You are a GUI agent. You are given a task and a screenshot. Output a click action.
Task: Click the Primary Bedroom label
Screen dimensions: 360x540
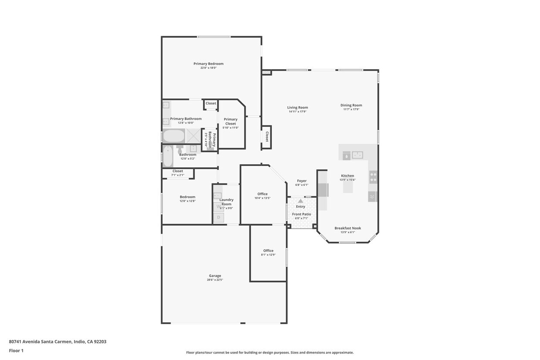point(208,64)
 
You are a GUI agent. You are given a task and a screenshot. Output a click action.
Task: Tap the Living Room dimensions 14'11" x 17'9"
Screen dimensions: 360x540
point(297,112)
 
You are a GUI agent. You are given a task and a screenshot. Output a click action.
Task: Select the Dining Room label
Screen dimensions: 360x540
point(351,105)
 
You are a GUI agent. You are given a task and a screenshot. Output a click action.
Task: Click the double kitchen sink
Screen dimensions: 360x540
point(358,154)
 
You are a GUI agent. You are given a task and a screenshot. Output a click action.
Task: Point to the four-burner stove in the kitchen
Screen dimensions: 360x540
point(373,177)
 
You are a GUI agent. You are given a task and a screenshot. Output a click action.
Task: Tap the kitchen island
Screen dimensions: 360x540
point(348,187)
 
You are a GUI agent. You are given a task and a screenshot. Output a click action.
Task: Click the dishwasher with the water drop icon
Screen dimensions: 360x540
point(346,155)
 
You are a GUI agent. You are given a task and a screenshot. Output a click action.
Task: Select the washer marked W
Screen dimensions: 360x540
point(218,207)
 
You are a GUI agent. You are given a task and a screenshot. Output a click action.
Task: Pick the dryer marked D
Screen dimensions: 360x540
point(218,217)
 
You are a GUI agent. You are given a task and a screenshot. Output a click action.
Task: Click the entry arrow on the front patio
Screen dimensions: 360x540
point(300,201)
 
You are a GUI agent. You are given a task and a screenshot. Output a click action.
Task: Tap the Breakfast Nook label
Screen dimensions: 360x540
point(348,228)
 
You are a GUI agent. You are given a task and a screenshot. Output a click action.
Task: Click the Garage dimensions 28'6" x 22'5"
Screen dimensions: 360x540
point(215,280)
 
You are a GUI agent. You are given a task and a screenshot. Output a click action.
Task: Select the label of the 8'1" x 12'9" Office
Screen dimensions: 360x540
point(268,251)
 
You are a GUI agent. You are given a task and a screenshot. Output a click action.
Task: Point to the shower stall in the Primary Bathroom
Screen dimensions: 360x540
point(194,136)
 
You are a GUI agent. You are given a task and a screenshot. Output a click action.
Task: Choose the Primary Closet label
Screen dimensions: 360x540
point(230,121)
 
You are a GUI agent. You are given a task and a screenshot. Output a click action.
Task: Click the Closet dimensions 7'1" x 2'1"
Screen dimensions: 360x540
point(178,175)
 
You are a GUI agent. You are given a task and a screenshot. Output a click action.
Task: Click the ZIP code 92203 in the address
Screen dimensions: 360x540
point(100,342)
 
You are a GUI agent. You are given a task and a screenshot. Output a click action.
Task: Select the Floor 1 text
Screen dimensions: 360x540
point(16,350)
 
